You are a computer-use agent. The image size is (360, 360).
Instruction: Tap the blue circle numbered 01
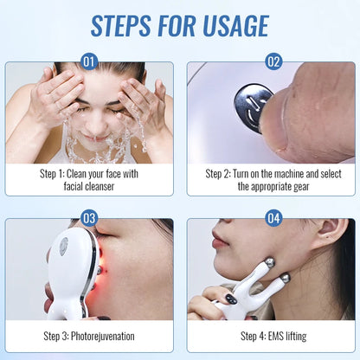(89, 61)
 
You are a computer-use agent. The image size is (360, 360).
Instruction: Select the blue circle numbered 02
(273, 61)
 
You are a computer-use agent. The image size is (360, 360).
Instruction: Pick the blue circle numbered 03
(89, 218)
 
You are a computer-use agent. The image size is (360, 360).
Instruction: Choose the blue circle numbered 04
(273, 218)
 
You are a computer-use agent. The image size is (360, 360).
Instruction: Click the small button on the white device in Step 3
(62, 245)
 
